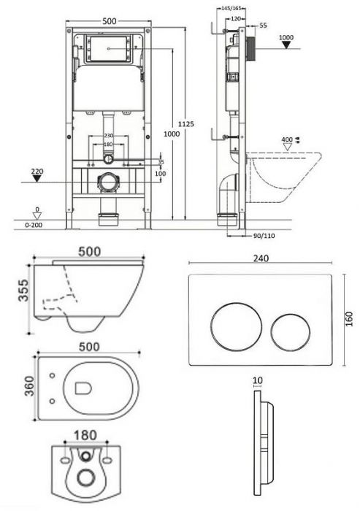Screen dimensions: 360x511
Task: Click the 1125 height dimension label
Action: tap(186, 123)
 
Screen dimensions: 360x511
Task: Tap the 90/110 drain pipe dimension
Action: tap(264, 236)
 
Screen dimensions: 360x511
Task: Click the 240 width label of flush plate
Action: tap(261, 258)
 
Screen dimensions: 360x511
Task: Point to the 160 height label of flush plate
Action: tap(349, 319)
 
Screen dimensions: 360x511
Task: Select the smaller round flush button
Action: tap(290, 332)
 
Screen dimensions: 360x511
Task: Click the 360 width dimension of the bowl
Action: tap(29, 386)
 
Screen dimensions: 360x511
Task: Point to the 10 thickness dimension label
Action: tap(258, 380)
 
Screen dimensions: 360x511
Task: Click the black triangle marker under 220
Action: tap(37, 178)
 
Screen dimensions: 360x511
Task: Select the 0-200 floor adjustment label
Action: tap(34, 225)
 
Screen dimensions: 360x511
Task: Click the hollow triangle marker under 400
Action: tap(287, 147)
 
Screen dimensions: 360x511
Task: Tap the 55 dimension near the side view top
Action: tap(263, 26)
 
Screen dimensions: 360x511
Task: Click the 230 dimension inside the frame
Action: tap(108, 136)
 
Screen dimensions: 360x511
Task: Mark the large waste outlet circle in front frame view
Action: tap(107, 182)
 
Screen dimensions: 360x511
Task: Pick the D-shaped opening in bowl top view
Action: tap(83, 388)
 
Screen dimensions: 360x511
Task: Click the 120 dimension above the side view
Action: tap(235, 18)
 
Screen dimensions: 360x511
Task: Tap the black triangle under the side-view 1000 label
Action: tap(286, 45)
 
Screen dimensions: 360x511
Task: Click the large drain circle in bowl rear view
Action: tap(85, 477)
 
